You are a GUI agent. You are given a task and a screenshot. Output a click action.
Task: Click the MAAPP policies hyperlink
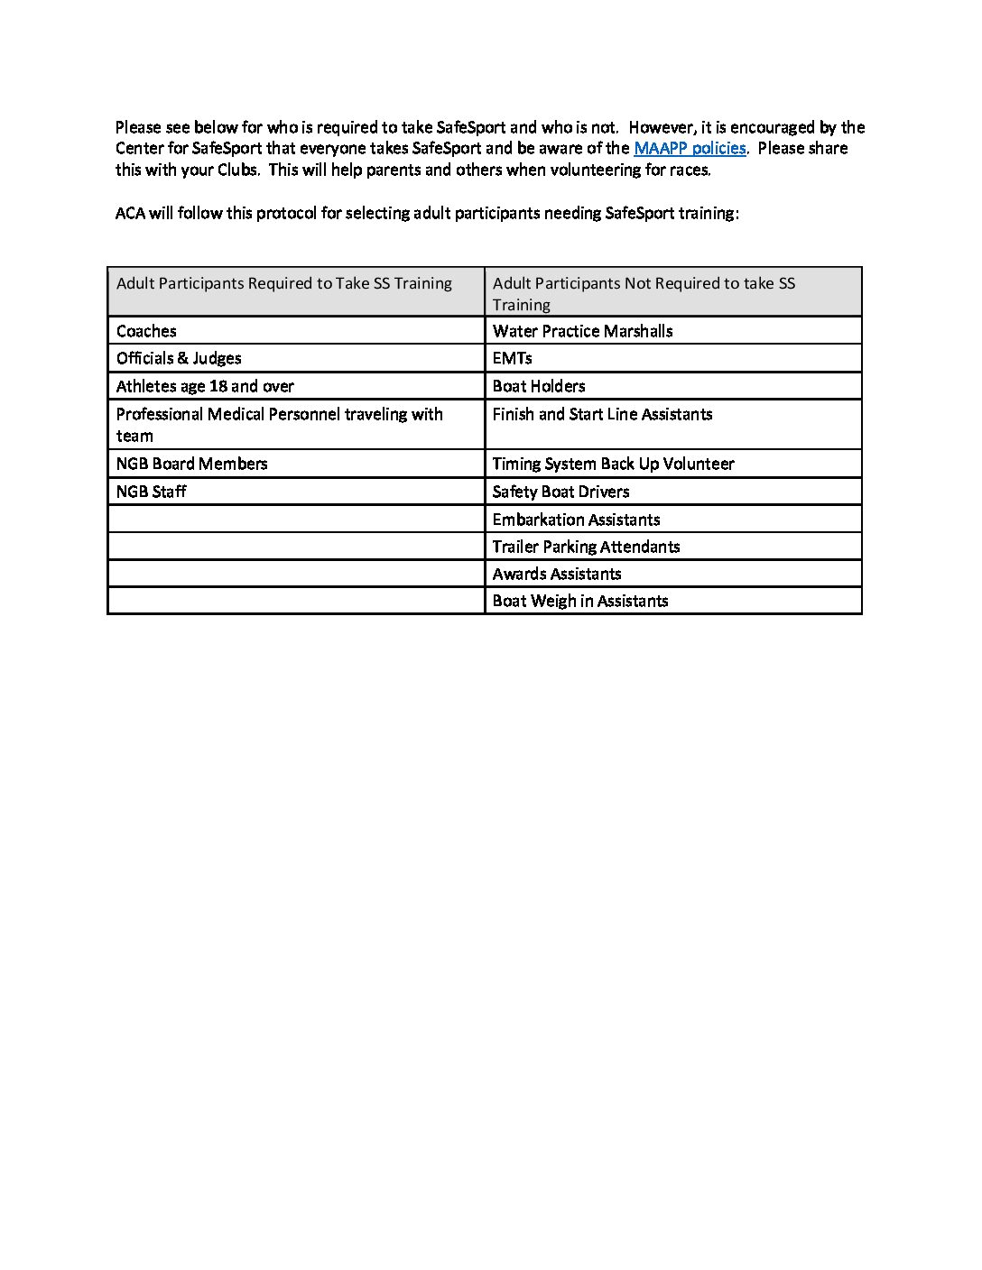[x=690, y=149]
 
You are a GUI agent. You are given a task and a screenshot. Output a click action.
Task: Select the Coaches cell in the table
[x=146, y=331]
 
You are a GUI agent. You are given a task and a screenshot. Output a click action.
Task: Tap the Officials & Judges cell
[x=179, y=358]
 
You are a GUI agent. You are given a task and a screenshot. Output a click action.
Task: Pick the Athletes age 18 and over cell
[x=205, y=386]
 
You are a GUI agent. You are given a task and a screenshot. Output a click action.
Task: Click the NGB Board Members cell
[x=191, y=464]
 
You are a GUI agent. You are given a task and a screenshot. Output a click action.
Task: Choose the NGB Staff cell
[x=151, y=492]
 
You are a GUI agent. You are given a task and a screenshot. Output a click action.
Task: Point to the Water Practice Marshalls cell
[x=582, y=331]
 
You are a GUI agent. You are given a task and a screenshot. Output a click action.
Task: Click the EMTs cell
[x=512, y=358]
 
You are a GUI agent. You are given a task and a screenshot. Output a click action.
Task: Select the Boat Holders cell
[x=538, y=386]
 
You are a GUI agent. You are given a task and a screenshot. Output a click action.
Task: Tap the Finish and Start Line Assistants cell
[x=602, y=414]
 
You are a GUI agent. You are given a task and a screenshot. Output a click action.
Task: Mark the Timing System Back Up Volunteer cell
[x=613, y=464]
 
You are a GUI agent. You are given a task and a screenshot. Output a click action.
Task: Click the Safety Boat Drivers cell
[x=560, y=492]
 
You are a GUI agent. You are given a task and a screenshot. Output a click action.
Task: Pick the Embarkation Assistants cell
[x=576, y=520]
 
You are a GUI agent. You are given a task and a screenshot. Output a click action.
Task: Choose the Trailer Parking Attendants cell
[x=586, y=547]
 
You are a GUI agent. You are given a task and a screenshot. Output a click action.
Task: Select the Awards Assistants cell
[x=556, y=574]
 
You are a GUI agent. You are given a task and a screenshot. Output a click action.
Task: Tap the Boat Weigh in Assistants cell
[x=579, y=601]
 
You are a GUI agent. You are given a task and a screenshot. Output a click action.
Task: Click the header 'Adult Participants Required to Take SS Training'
[x=283, y=283]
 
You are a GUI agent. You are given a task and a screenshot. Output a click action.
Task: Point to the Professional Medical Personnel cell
[x=279, y=424]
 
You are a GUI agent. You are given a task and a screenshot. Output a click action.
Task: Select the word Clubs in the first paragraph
[x=238, y=170]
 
